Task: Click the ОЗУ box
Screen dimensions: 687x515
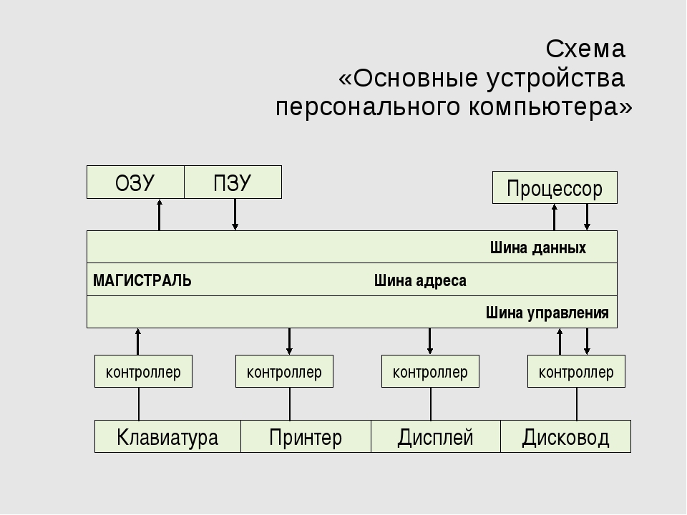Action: point(135,182)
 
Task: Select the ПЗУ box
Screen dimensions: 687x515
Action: point(233,182)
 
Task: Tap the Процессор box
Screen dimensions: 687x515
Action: point(555,187)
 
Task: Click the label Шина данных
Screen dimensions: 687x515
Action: point(538,248)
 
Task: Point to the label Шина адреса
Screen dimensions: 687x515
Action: point(420,280)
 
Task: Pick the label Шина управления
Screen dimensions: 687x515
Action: point(547,313)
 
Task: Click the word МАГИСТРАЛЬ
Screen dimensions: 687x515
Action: point(142,280)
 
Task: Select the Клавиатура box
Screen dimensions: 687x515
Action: point(167,436)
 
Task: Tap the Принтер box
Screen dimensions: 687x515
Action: point(306,436)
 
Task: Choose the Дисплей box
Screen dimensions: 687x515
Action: point(436,436)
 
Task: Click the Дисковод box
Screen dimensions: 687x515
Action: point(565,436)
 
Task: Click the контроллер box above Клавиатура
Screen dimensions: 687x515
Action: point(143,371)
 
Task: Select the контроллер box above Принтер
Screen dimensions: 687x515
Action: point(284,371)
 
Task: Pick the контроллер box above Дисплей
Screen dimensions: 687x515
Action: point(430,371)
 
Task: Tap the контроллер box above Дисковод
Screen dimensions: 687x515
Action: point(576,371)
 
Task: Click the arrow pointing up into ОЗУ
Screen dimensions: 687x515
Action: point(160,215)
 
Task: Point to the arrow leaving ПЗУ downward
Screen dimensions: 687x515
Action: point(235,215)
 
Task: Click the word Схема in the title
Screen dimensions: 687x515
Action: point(585,49)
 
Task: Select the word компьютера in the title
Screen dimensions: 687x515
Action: point(550,107)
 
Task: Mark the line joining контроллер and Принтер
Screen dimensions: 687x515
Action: point(290,403)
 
